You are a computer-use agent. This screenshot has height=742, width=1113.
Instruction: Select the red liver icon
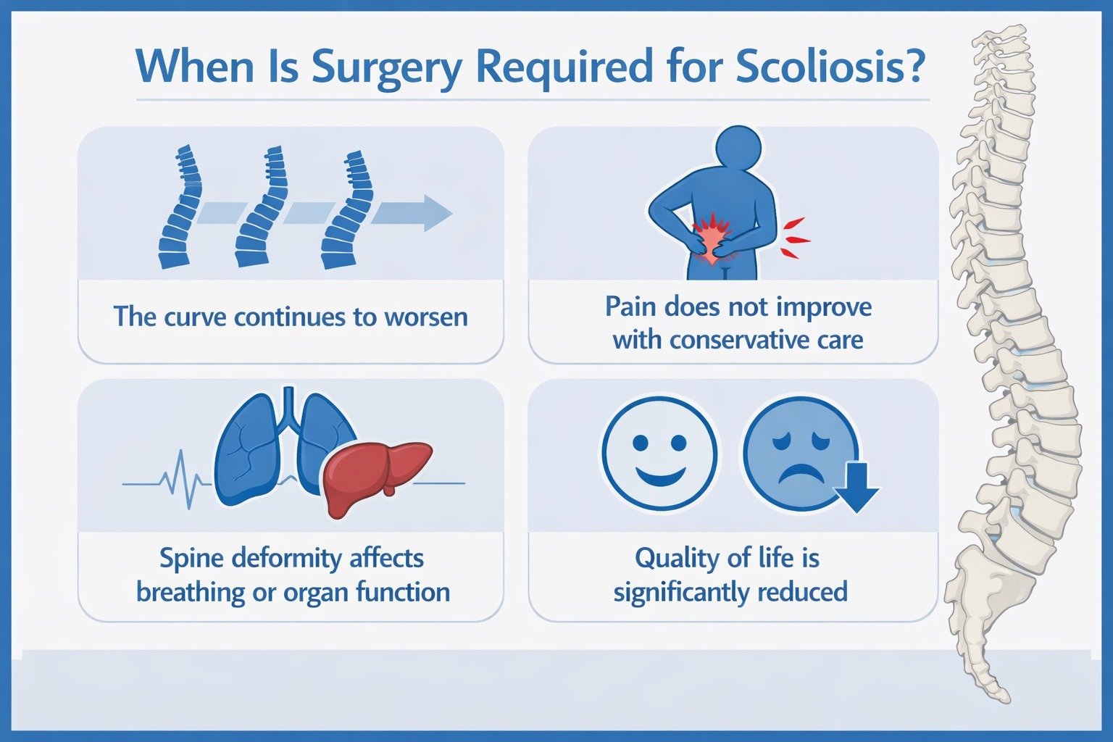tap(377, 476)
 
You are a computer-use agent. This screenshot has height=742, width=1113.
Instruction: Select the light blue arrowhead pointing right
tap(436, 213)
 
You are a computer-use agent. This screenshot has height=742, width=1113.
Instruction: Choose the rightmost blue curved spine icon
tap(346, 210)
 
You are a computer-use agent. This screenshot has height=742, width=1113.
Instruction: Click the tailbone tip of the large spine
tap(1003, 696)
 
